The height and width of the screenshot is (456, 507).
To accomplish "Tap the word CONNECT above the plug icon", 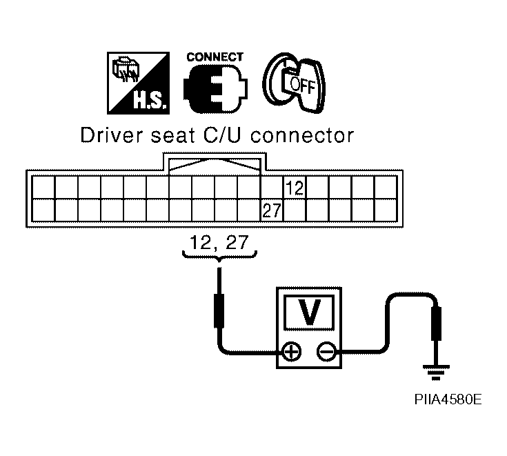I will pyautogui.click(x=215, y=57).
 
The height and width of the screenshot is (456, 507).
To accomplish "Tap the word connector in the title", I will pyautogui.click(x=301, y=135).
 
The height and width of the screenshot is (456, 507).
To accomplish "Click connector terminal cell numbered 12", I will pyautogui.click(x=295, y=188).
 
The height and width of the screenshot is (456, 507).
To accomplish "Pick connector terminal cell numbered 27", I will pyautogui.click(x=272, y=210).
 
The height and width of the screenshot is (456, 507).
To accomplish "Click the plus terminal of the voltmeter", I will pyautogui.click(x=292, y=353).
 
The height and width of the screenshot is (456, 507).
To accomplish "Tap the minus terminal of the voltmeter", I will pyautogui.click(x=326, y=353).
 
